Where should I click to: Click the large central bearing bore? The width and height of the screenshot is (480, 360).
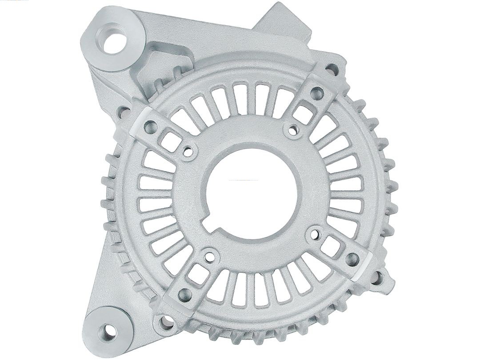click(x=251, y=191)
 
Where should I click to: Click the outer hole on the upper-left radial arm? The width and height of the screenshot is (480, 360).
click(x=150, y=128)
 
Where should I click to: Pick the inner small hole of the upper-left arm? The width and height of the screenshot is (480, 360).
click(x=188, y=152)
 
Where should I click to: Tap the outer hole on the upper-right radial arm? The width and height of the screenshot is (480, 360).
click(x=317, y=93)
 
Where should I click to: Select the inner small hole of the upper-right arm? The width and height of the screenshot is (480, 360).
click(x=292, y=130)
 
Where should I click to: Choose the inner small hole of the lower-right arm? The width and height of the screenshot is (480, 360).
click(x=316, y=232)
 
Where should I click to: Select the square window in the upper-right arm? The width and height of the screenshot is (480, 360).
click(x=304, y=114)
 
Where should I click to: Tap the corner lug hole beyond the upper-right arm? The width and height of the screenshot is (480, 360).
click(x=332, y=69)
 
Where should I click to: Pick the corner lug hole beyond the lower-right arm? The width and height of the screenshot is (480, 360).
click(x=377, y=278)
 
